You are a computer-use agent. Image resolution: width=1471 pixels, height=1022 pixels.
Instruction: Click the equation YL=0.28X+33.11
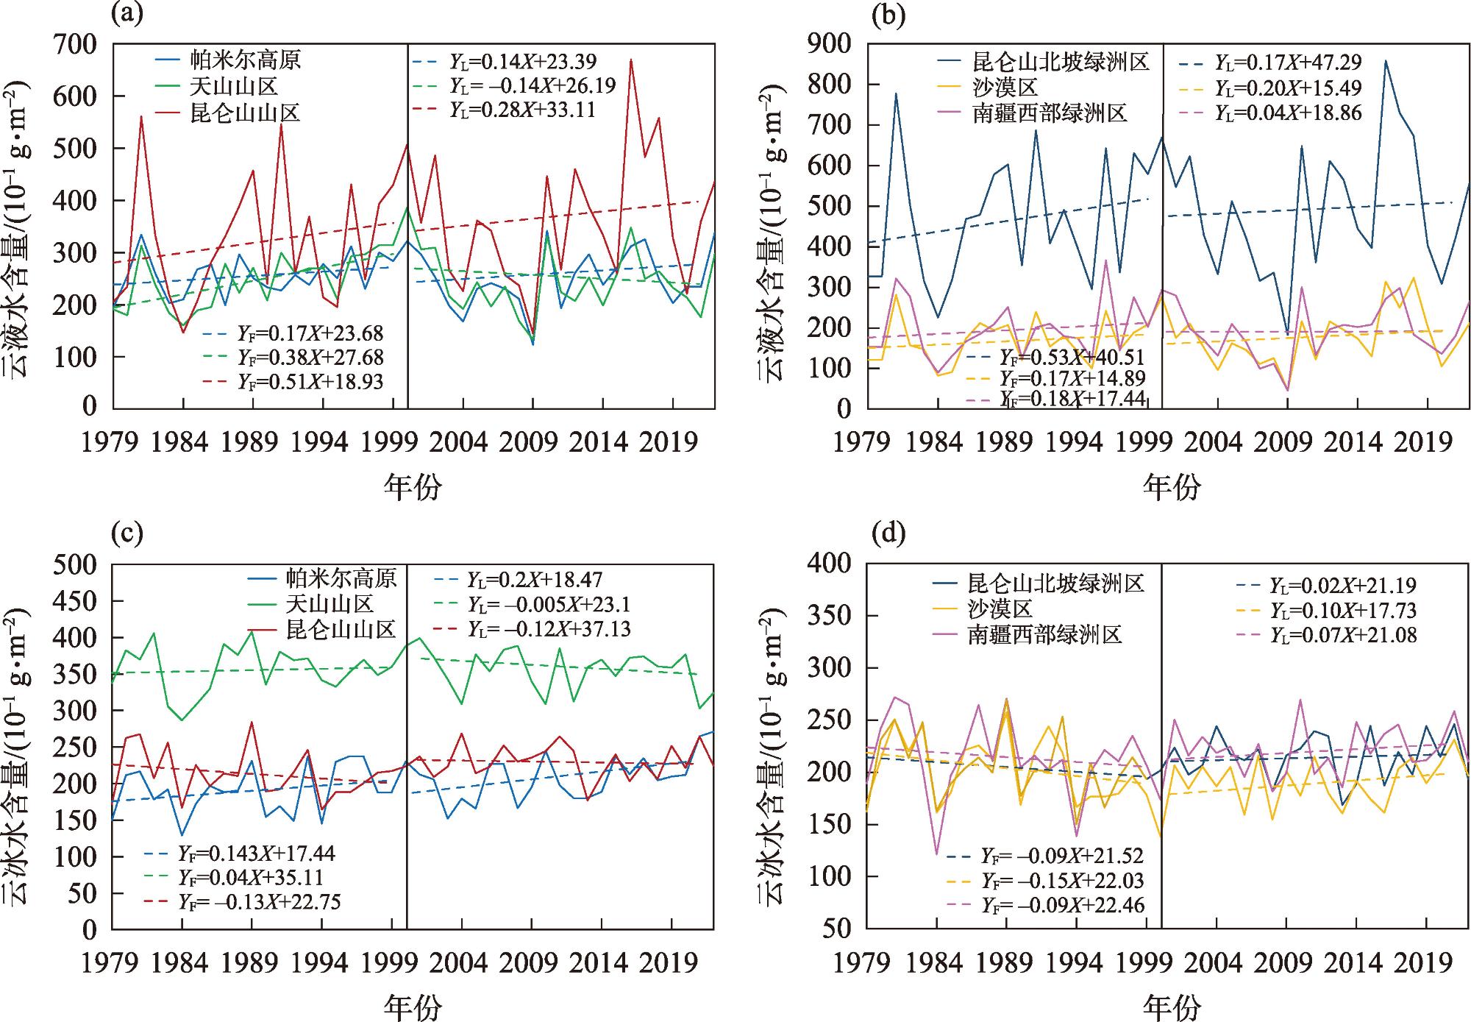point(522,110)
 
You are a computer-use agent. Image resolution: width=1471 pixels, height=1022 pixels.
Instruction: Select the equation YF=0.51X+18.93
point(310,381)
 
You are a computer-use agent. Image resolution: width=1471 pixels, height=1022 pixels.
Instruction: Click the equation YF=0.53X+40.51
point(1072,358)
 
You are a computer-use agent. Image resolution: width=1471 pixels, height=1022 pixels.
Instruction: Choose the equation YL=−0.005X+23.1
point(548,605)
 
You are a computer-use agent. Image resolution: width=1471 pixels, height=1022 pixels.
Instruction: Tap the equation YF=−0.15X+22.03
point(1062,880)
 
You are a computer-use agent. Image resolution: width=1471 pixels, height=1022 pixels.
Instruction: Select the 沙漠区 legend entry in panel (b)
point(1005,88)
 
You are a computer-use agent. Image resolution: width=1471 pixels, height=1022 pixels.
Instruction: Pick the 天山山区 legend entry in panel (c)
point(330,604)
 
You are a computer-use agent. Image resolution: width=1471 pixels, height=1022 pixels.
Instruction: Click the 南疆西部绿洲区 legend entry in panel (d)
point(1045,635)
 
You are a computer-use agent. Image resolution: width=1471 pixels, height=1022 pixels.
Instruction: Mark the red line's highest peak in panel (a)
point(631,60)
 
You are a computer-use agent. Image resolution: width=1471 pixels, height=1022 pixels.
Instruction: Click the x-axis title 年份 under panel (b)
point(1171,486)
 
